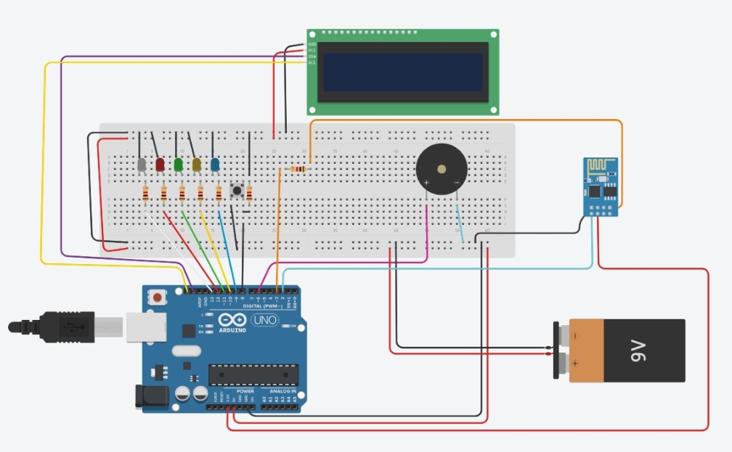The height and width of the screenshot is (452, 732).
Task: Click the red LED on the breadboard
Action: (x=160, y=165)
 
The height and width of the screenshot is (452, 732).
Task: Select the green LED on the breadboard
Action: (x=179, y=165)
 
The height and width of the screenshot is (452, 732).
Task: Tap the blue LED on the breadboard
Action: (x=215, y=165)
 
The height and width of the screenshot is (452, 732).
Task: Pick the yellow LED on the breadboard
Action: (x=197, y=165)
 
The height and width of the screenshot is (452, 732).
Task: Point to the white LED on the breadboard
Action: (x=142, y=165)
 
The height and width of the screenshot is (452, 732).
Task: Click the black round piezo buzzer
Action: (x=442, y=168)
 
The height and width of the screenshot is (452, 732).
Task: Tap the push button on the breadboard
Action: (x=237, y=192)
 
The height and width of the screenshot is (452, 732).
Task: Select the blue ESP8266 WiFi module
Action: (x=602, y=186)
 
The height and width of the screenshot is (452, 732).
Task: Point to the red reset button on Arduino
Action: (x=156, y=296)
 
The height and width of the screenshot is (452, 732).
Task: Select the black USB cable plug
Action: (x=65, y=327)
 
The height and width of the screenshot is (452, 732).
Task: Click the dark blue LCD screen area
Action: (x=402, y=71)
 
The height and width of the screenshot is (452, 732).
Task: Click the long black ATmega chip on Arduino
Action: (x=253, y=374)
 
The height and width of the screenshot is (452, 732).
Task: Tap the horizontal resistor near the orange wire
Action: (x=298, y=170)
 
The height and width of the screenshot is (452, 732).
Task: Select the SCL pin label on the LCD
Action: (x=312, y=63)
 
